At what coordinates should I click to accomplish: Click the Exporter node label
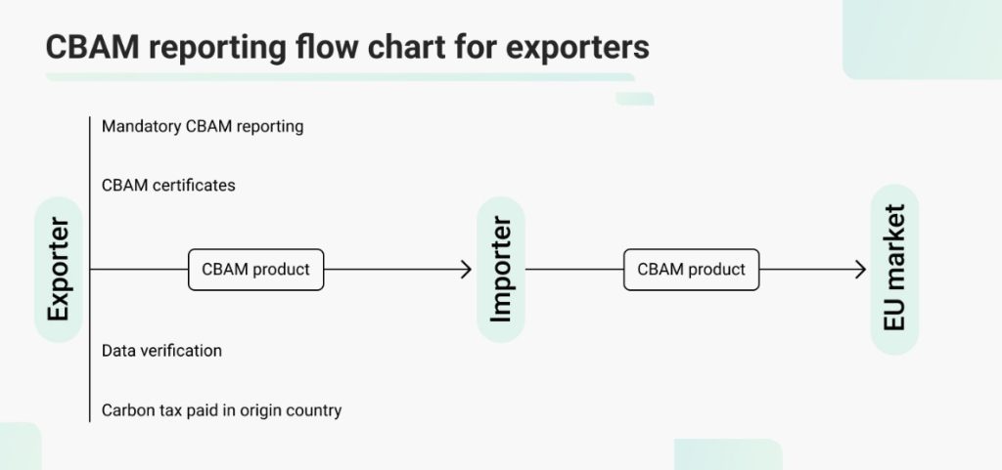(x=59, y=269)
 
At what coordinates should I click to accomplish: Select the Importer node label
(x=501, y=269)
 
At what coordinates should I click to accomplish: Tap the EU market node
(x=894, y=269)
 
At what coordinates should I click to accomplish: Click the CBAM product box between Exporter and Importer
(x=255, y=269)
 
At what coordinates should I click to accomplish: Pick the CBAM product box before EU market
(x=691, y=269)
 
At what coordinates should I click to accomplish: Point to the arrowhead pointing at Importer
(x=466, y=269)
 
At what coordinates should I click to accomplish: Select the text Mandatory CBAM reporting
(x=203, y=126)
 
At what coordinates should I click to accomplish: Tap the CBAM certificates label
(x=168, y=185)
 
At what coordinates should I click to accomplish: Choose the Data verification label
(x=161, y=350)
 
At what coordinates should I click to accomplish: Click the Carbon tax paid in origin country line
(x=221, y=410)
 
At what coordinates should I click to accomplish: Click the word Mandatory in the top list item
(x=141, y=126)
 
